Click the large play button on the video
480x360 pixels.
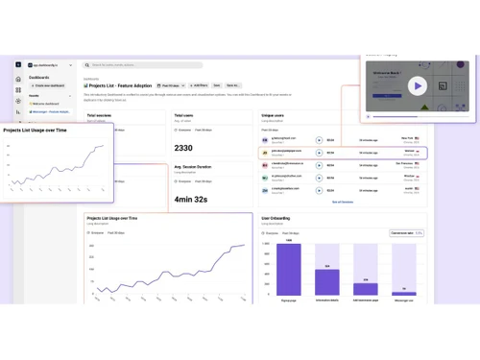coord(418,85)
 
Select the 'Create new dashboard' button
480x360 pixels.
coord(49,85)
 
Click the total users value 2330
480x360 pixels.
coord(183,148)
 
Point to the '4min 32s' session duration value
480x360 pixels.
coord(190,199)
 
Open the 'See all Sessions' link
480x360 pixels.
coord(343,202)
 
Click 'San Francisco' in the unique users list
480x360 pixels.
coord(404,163)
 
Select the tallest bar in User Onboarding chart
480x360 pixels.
coord(289,269)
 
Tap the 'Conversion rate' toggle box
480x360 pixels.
coord(406,232)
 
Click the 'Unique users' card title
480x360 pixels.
coord(274,115)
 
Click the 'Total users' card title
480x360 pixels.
coord(184,115)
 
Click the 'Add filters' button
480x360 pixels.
coord(199,85)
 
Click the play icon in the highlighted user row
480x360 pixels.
coord(320,152)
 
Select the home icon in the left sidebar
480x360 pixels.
coord(18,79)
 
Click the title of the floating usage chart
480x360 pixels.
coord(36,130)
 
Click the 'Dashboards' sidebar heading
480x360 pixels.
coord(39,78)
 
